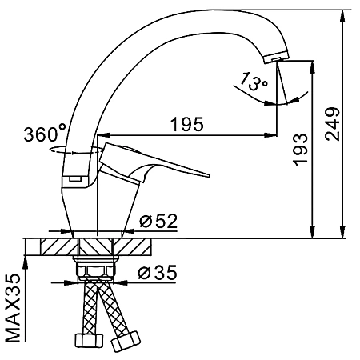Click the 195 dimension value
(187, 124)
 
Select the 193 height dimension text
(300, 150)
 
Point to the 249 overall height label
(332, 124)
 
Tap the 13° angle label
(254, 82)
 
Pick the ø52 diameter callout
(158, 221)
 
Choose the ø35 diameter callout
(158, 272)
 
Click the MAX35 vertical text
(13, 308)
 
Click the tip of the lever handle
(209, 175)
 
